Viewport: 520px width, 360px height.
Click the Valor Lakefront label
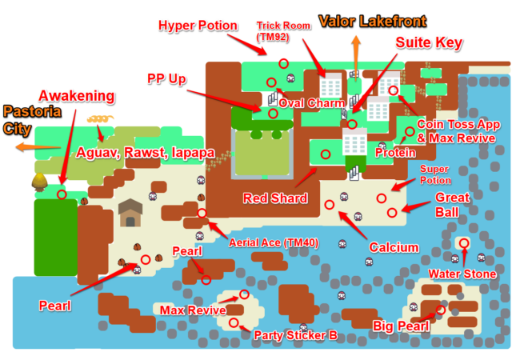372,21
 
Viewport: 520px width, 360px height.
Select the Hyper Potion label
198,26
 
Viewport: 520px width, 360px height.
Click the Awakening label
78,96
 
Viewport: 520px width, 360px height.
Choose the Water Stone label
462,274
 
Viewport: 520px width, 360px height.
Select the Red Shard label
274,198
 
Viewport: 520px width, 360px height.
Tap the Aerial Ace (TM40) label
270,242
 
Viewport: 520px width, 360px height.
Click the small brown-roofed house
130,213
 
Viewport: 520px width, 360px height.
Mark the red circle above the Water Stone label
463,242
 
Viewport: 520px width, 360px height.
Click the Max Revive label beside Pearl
191,310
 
